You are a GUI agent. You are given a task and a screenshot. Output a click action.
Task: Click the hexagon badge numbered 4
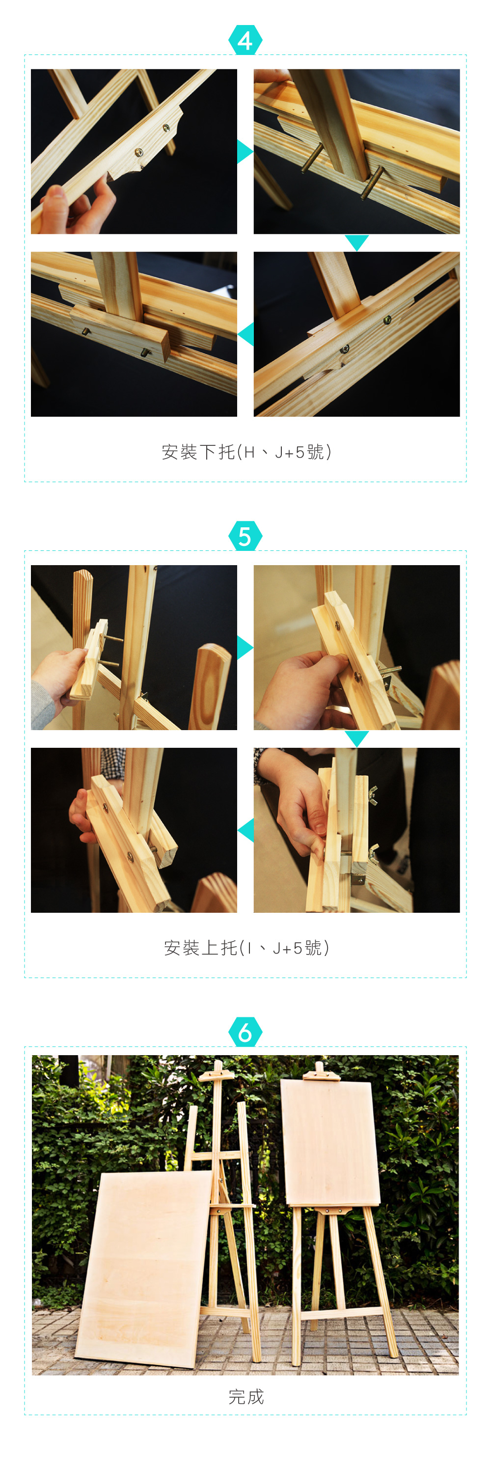tap(245, 40)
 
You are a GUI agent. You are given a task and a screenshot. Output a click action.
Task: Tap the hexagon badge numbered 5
tap(245, 536)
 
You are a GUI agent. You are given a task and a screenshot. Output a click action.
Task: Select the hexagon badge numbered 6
tap(245, 1032)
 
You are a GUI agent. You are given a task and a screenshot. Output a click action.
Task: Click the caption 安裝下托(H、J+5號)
tap(246, 452)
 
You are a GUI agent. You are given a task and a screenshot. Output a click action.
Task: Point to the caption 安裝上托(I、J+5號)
tap(246, 948)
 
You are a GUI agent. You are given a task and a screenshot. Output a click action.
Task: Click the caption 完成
tap(246, 1396)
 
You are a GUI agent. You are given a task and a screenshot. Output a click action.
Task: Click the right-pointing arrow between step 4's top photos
tap(245, 151)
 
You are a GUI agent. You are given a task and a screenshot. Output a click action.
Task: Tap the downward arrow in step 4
tap(356, 243)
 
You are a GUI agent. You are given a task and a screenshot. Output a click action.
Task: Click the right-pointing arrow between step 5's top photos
tap(245, 647)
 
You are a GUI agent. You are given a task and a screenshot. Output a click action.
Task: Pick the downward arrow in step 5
tap(356, 738)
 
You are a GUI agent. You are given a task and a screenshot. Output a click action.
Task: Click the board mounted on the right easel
tap(330, 1143)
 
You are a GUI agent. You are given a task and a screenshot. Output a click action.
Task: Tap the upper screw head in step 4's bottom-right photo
tap(387, 320)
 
